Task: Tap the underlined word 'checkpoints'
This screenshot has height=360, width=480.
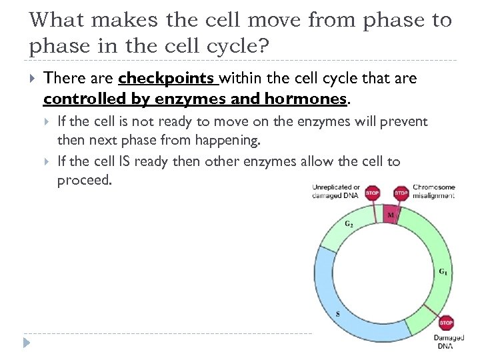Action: (167, 79)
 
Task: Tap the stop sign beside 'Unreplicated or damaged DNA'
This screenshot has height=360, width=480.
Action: (373, 193)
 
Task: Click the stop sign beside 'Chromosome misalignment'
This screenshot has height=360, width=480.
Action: (401, 193)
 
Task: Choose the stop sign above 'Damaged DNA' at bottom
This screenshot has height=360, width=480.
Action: (446, 323)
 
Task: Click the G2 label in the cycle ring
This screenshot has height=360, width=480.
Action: (349, 224)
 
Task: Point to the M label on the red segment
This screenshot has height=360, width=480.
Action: (391, 215)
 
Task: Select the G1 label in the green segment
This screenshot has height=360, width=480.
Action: (442, 271)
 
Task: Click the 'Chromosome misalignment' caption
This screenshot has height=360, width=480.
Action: (434, 191)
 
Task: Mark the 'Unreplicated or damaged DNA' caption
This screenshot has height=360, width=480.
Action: (336, 191)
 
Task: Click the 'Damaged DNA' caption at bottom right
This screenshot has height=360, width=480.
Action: (449, 341)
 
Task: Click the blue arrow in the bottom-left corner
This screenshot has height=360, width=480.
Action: (26, 343)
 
